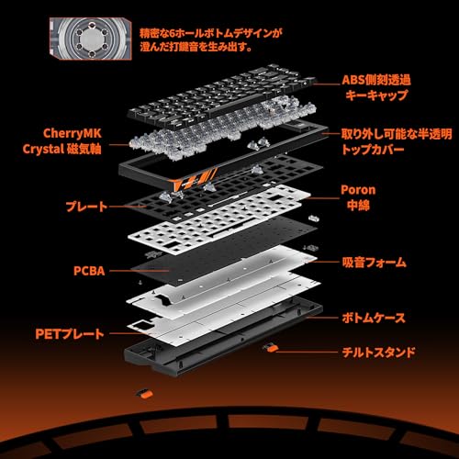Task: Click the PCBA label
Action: pos(89,271)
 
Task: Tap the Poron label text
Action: pos(358,190)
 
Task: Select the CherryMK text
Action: pos(73,133)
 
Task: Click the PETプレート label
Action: pos(70,334)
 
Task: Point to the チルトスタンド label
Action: pos(378,352)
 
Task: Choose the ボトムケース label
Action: pos(374,318)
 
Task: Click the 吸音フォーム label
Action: pos(375,263)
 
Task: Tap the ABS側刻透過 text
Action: pos(376,80)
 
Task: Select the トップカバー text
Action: pos(373,150)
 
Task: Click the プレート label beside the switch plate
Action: pos(87,207)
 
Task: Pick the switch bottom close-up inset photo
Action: pos(91,39)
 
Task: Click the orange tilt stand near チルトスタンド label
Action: pos(270,348)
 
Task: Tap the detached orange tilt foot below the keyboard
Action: pos(144,394)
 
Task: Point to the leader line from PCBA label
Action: pos(140,271)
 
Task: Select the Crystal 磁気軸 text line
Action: pos(62,149)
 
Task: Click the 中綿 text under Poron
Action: pos(358,206)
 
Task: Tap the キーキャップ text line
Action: pos(376,95)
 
